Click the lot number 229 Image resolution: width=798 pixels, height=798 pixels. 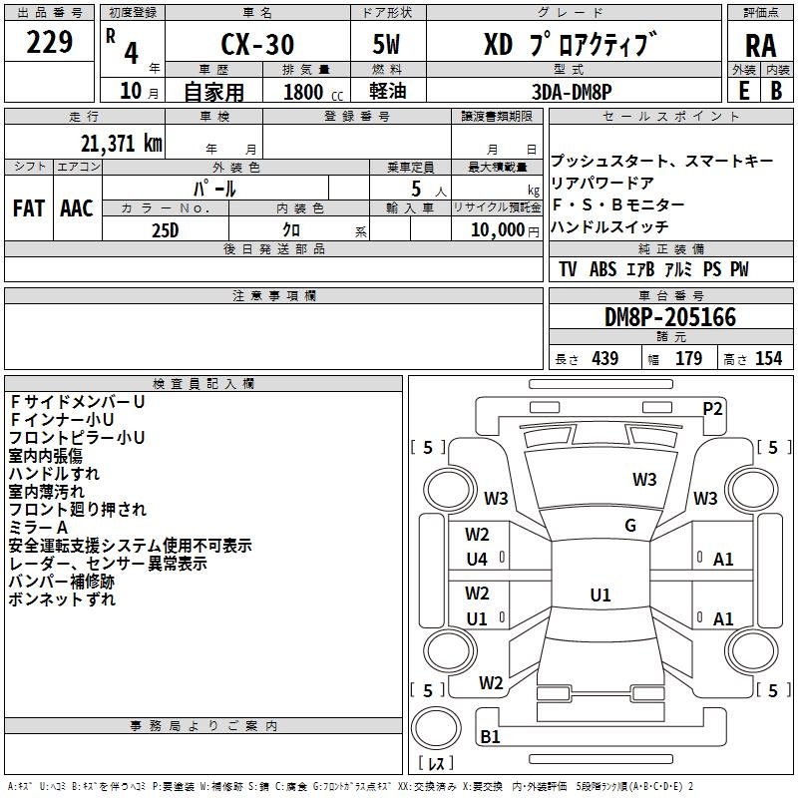click(49, 43)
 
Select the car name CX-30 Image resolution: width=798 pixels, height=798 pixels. click(256, 45)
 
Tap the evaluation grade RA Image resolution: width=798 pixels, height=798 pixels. click(759, 46)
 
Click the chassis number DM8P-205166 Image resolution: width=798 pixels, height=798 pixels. click(670, 317)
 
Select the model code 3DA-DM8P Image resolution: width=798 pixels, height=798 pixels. click(572, 92)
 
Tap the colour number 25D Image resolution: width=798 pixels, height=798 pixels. click(166, 229)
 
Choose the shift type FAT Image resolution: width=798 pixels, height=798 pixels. click(29, 208)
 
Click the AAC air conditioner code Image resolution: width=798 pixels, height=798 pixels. click(77, 208)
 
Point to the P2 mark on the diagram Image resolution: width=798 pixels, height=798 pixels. click(713, 407)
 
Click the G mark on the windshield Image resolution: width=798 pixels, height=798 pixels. click(630, 526)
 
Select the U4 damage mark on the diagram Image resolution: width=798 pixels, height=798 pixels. click(477, 560)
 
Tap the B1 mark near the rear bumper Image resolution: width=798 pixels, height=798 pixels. click(490, 737)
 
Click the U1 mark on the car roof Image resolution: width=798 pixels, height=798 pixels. click(599, 596)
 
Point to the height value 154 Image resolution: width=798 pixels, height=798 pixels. click(768, 359)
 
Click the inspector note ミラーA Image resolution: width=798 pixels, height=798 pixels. click(38, 527)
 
